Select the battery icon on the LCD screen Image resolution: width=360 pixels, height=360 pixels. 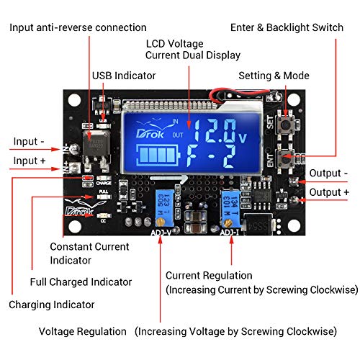[159, 156]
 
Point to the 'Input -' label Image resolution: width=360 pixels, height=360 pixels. [29, 142]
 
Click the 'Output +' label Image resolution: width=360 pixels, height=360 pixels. [330, 192]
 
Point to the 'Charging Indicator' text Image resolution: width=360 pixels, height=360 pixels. [52, 305]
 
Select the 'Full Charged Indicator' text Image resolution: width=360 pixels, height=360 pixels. [81, 282]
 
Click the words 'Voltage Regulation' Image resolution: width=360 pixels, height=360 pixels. [83, 331]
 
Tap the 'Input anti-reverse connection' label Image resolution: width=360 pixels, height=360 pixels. [78, 27]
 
